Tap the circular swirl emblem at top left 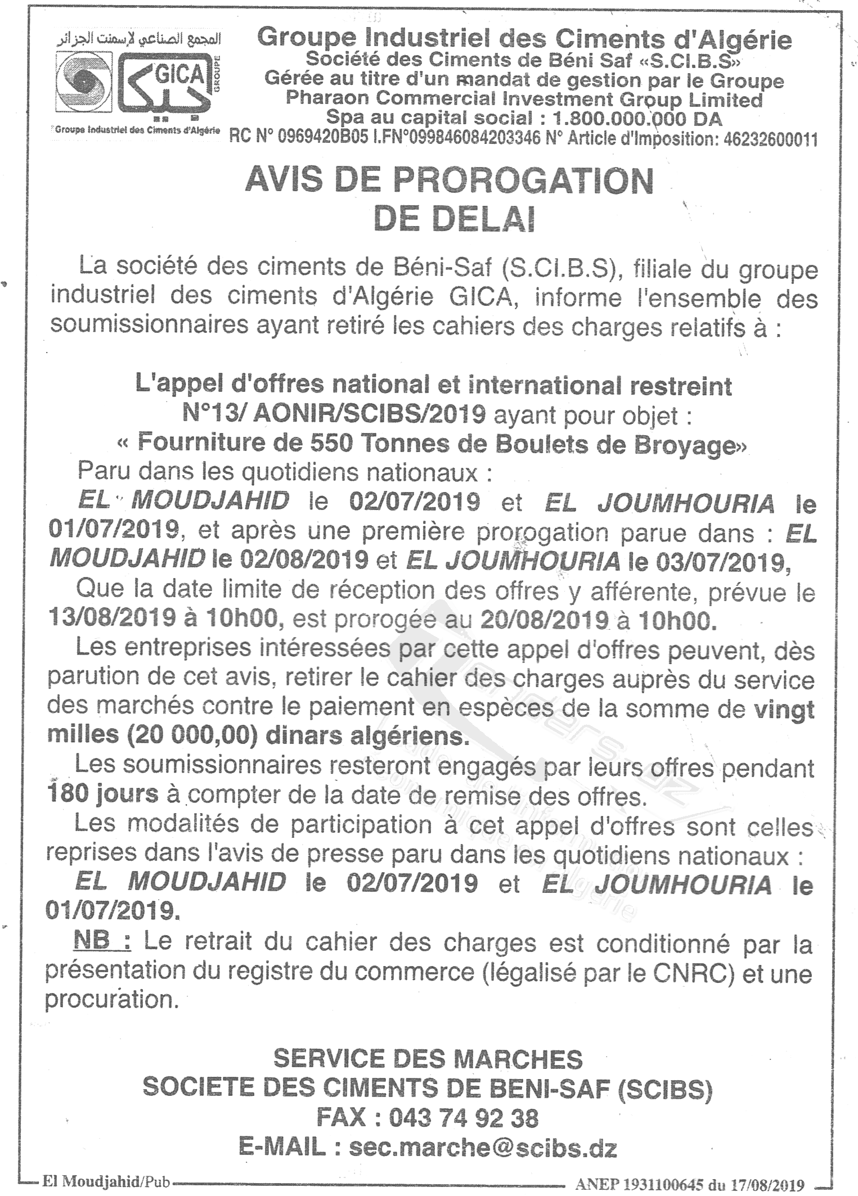84,83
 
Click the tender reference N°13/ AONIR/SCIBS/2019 334,414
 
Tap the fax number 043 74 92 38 463,1118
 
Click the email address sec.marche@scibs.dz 483,1147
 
